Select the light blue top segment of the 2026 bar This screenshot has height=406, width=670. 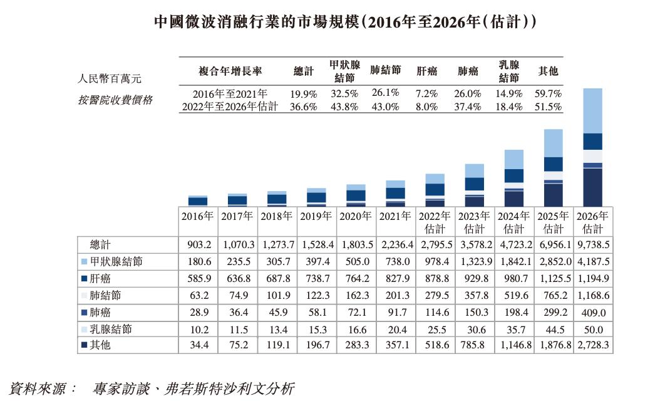[593, 110]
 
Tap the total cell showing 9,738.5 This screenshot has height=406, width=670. [593, 244]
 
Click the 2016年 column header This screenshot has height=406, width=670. [198, 216]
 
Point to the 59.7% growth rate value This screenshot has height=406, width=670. [549, 93]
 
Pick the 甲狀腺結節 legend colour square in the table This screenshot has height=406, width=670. [84, 261]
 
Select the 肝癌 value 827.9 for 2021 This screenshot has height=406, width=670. [395, 278]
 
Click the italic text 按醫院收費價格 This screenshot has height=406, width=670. [114, 100]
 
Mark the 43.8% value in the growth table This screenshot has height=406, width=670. [343, 107]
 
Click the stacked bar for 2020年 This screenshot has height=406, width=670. [356, 195]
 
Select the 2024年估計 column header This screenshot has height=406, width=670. [514, 222]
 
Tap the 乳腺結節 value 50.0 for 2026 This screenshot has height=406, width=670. [593, 329]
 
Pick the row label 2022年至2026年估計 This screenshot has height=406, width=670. [229, 107]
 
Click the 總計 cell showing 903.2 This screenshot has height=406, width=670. [198, 244]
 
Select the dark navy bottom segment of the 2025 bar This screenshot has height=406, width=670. [554, 195]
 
